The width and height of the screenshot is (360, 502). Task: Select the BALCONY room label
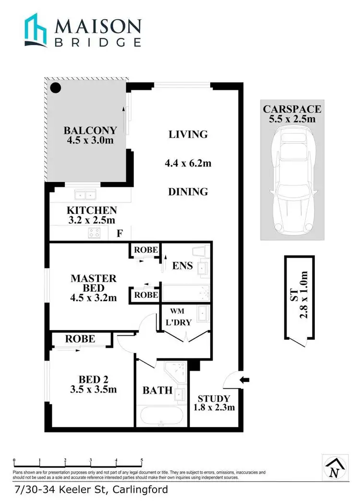point(91,130)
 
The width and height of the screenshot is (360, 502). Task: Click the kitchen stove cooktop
point(94,233)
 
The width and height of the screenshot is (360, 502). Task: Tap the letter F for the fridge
point(120,234)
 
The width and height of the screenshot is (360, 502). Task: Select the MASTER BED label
point(93,283)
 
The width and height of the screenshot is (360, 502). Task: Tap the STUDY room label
point(214,398)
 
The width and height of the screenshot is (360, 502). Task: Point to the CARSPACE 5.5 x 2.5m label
point(292,114)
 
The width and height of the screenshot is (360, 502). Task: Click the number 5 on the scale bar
point(142,460)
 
